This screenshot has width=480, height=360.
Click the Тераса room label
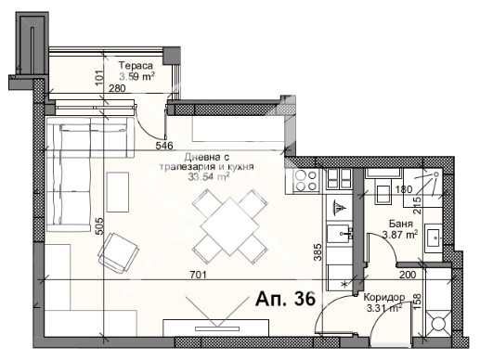tap(135, 65)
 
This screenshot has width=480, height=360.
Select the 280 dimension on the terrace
tap(117, 89)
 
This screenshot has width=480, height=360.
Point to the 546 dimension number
tap(164, 145)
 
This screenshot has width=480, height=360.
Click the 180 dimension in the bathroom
tap(404, 189)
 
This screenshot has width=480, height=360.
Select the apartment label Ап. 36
tap(285, 299)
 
